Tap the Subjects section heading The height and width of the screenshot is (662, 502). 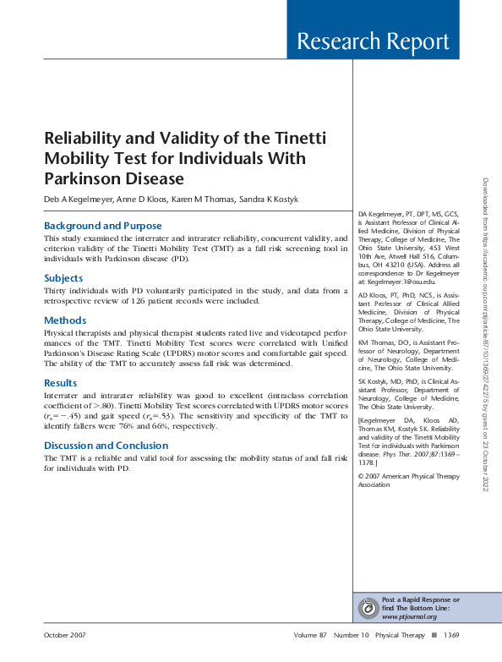(63, 277)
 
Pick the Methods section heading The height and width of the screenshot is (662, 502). (65, 320)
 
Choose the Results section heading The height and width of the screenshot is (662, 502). (61, 383)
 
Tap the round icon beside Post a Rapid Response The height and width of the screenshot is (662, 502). (368, 607)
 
